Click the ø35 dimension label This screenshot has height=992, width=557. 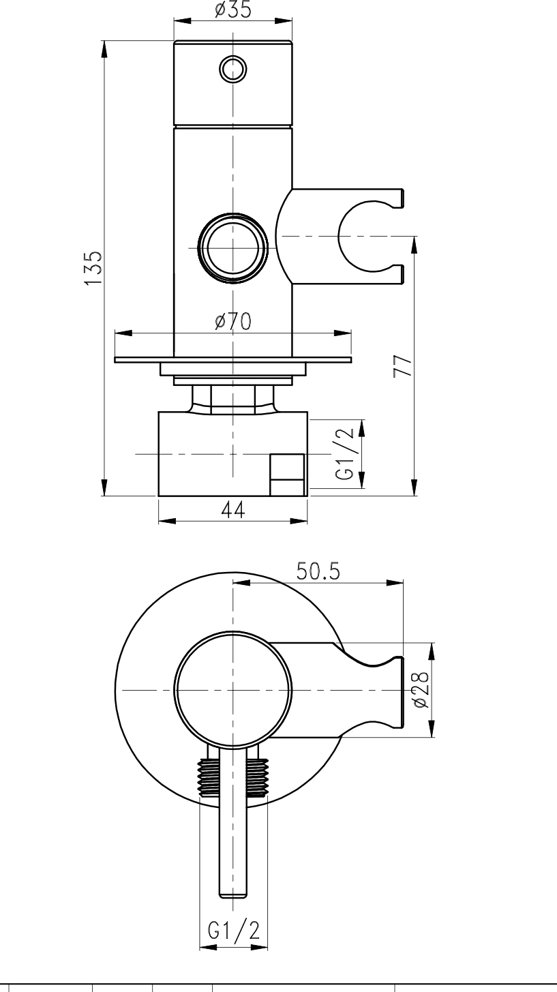(233, 10)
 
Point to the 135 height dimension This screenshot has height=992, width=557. (94, 269)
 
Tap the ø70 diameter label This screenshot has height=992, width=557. (233, 321)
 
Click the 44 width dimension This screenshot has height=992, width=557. (233, 510)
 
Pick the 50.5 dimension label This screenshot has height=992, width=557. (318, 571)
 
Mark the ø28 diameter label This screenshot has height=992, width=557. (420, 690)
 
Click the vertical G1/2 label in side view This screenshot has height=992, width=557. (346, 454)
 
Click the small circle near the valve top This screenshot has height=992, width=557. (233, 69)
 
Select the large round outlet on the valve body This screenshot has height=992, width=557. (233, 248)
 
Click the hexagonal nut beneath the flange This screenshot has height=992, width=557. (233, 400)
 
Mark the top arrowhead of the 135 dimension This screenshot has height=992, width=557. (104, 48)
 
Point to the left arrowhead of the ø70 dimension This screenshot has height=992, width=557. (123, 333)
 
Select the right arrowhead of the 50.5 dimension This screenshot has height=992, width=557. (395, 583)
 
